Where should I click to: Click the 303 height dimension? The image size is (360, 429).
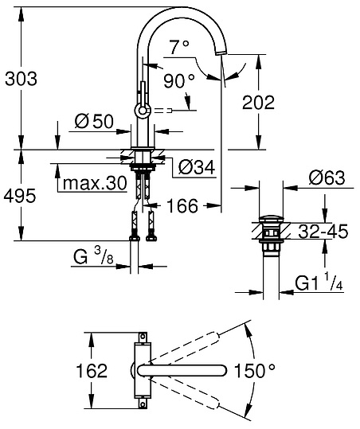(22, 79)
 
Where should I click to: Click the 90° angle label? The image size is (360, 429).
(180, 81)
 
